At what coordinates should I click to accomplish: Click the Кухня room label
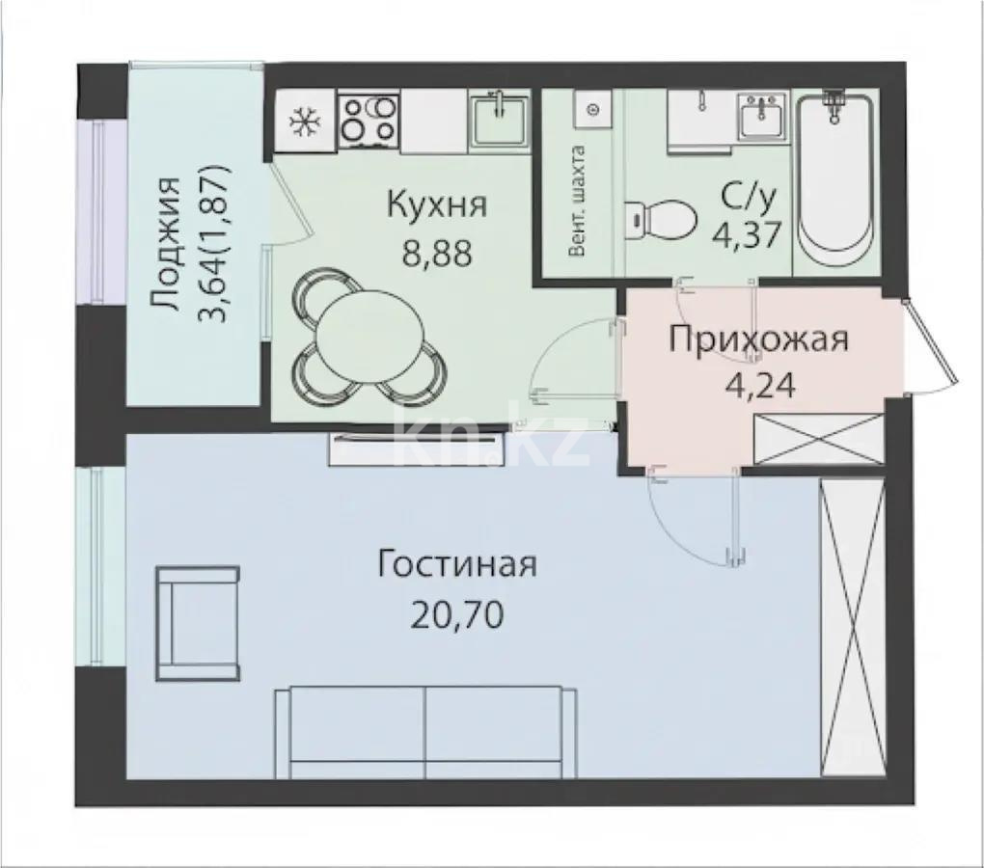point(437,205)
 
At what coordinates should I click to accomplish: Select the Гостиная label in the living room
point(457,564)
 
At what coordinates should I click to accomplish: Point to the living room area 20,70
point(457,614)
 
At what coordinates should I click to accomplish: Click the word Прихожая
point(758,339)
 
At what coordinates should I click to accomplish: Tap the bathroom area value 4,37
point(747,234)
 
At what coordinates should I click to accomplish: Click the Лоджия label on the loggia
point(166,245)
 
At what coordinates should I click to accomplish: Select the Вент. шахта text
point(577,202)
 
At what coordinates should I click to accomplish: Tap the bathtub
point(834,182)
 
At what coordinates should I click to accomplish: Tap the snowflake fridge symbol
point(305,122)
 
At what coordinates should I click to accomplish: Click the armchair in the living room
point(198,623)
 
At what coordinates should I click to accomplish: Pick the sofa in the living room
point(425,732)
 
